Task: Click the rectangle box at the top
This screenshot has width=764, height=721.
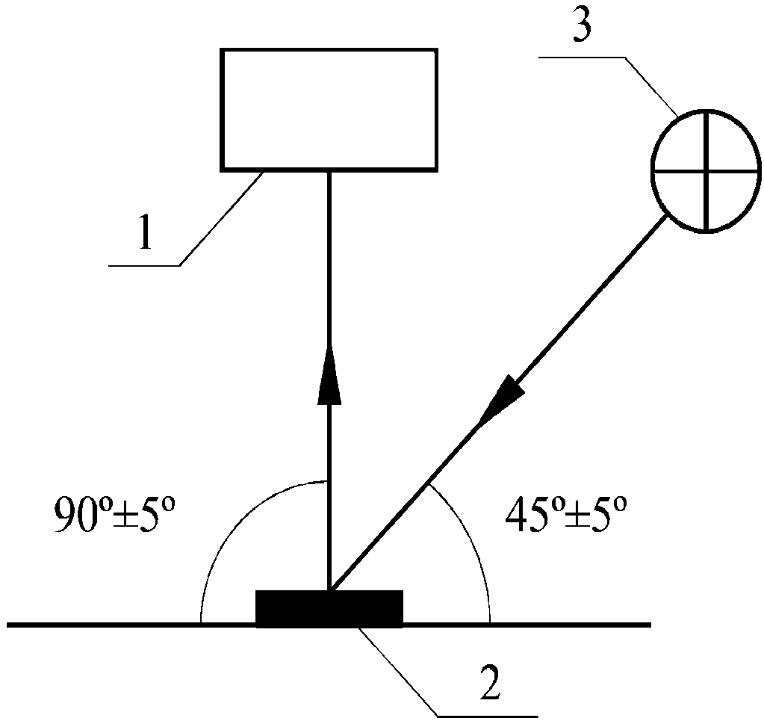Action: [329, 109]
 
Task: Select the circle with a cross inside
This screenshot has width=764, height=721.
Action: [706, 170]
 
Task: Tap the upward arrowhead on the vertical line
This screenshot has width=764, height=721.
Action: [329, 377]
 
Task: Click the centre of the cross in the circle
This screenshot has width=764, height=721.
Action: [706, 170]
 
